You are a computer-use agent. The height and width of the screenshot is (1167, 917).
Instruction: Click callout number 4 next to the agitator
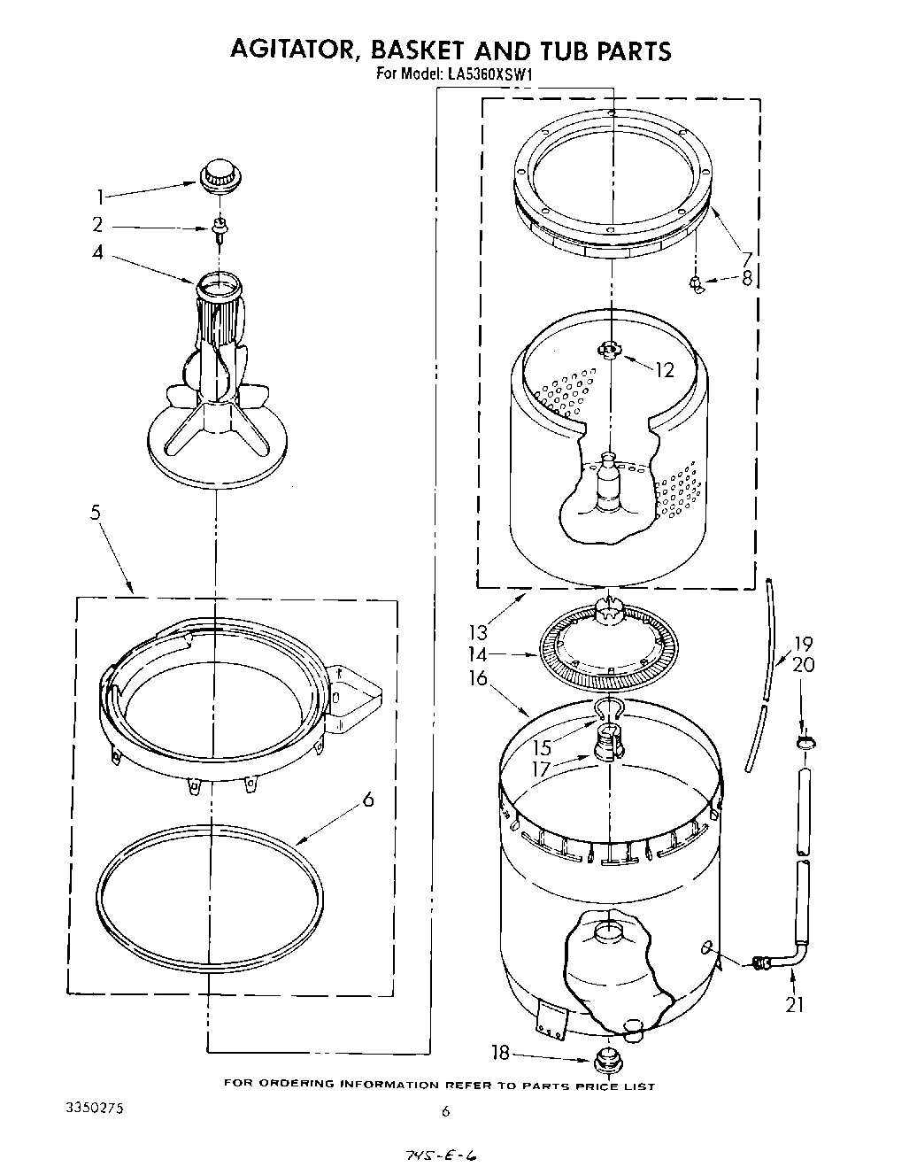click(x=98, y=252)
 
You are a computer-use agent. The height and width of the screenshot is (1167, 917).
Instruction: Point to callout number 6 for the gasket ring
click(x=368, y=800)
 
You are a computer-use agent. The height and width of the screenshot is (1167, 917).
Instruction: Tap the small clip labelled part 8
click(x=697, y=284)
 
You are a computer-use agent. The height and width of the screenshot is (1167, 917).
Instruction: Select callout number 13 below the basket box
click(x=478, y=632)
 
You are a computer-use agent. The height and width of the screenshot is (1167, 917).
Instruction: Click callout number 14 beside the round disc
click(x=478, y=655)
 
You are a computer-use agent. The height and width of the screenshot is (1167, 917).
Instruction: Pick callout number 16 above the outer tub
click(x=478, y=678)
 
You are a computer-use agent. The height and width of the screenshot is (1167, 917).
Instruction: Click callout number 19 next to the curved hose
click(x=803, y=645)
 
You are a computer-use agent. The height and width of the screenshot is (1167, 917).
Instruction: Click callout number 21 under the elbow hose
click(x=796, y=1005)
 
